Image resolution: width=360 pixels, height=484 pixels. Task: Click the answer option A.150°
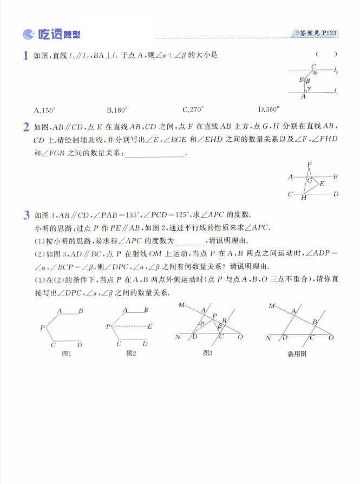[x=45, y=110]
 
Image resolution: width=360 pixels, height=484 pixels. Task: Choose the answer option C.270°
[x=193, y=110]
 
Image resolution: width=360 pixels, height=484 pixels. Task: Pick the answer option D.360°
[x=269, y=110]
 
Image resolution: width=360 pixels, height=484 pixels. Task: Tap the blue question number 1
[x=25, y=55]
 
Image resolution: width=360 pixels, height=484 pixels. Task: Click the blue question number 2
[x=25, y=128]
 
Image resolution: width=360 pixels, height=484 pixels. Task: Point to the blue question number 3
[x=25, y=215]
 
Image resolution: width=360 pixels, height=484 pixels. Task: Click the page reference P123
[x=329, y=33]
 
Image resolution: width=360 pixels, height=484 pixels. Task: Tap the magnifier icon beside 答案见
[x=295, y=34]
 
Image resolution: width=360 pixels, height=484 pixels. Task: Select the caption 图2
[x=131, y=354]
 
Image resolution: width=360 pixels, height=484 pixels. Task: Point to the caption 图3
[x=207, y=353]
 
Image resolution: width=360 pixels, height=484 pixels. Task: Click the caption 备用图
[x=297, y=354]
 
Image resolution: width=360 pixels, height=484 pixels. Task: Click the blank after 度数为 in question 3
[x=191, y=242]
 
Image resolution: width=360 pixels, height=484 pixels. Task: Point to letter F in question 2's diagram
[x=309, y=163]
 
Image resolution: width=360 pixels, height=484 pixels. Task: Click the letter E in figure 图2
[x=150, y=326]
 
